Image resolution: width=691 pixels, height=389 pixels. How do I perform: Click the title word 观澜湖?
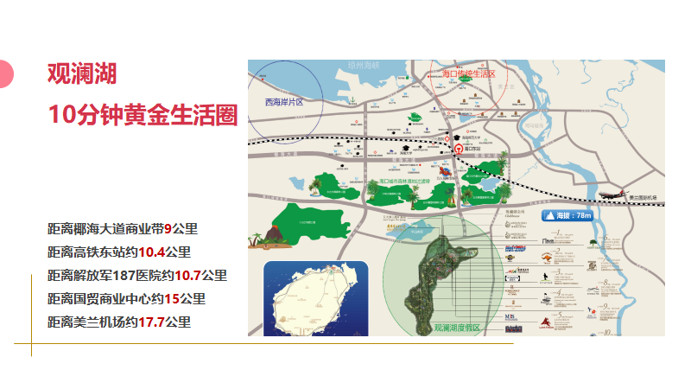click(x=82, y=73)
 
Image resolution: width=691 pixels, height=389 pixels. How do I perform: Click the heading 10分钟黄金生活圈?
click(x=143, y=113)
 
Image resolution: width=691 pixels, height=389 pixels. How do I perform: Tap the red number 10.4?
click(x=151, y=252)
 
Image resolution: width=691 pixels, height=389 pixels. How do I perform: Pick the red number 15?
click(x=171, y=299)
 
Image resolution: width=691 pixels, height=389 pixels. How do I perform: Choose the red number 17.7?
click(x=151, y=322)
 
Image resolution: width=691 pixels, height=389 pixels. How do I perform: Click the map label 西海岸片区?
click(x=284, y=102)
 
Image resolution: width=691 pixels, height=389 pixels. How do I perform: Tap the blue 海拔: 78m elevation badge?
click(x=567, y=215)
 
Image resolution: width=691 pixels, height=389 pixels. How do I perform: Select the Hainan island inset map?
click(x=315, y=298)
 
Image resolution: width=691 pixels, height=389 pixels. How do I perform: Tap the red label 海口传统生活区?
click(x=468, y=74)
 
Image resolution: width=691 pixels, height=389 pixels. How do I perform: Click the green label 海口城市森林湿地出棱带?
click(x=410, y=182)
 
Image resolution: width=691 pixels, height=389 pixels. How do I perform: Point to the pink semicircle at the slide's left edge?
click(x=5, y=74)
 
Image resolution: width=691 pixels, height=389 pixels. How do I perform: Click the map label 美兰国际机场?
click(x=643, y=199)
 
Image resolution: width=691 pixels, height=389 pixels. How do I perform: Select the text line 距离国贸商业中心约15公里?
click(x=126, y=299)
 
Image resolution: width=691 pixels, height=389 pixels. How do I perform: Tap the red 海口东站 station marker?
click(x=458, y=148)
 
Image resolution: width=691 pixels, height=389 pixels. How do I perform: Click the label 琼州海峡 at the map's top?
click(x=364, y=65)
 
